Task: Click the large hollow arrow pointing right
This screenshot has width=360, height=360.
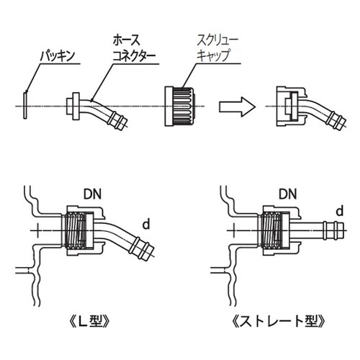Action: point(236,107)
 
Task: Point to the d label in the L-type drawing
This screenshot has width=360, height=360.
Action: point(144,226)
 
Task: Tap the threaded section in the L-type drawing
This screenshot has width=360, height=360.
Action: point(80,232)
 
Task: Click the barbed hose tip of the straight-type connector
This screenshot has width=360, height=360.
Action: point(334,231)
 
